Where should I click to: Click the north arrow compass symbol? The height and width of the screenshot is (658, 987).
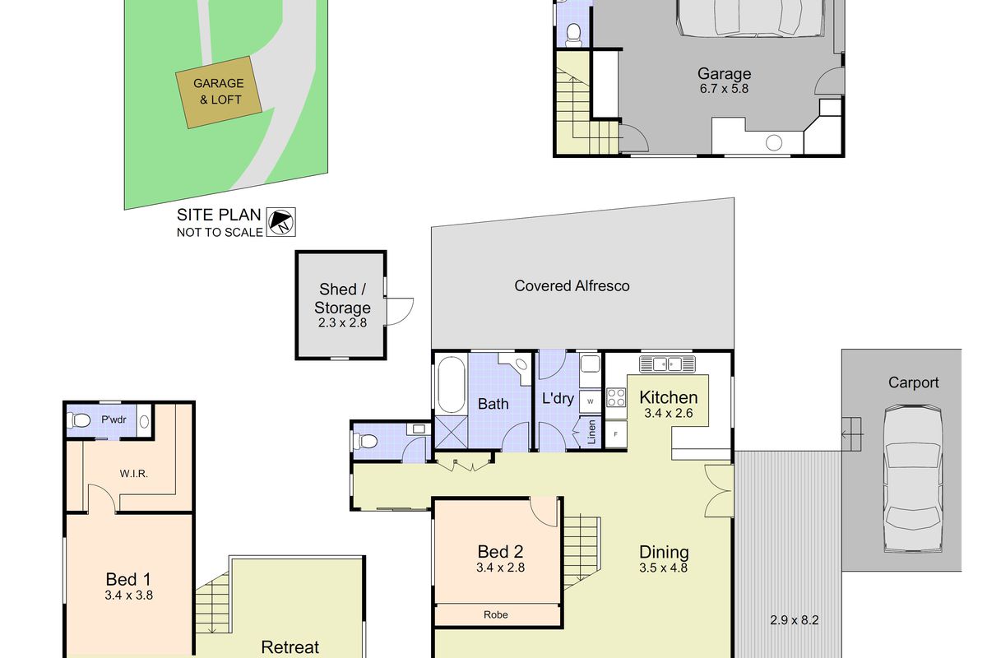coord(281,221)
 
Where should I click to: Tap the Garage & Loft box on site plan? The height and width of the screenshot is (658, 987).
coord(218,91)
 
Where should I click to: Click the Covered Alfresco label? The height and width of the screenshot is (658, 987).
coord(572,285)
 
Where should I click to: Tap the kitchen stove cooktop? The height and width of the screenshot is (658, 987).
coord(616,397)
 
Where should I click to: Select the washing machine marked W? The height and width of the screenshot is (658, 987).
coord(590,401)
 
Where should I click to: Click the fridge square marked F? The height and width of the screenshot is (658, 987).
coord(614,433)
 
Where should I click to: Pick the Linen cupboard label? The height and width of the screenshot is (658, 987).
coord(591,432)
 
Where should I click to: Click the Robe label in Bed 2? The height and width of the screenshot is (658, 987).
coord(495,614)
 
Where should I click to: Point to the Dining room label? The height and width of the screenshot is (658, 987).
coord(664,553)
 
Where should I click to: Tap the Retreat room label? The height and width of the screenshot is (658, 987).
coord(290,646)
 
